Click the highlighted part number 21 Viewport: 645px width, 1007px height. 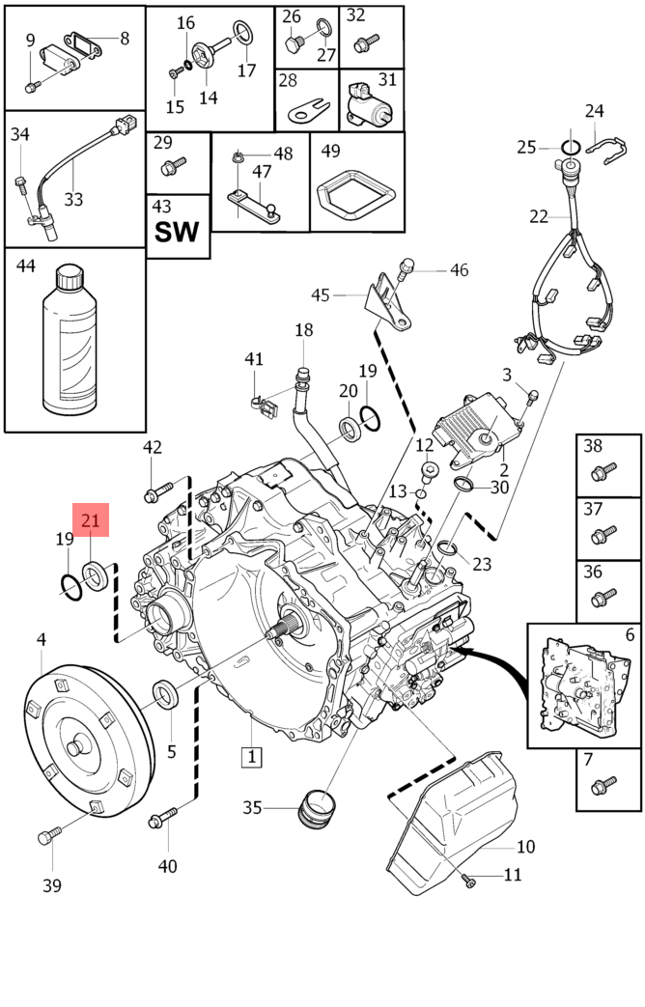91,521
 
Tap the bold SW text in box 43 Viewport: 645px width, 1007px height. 177,232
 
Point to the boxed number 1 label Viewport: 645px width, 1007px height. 250,756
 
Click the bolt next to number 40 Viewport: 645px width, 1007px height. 161,821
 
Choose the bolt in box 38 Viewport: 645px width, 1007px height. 600,473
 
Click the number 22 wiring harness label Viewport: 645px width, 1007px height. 539,216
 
